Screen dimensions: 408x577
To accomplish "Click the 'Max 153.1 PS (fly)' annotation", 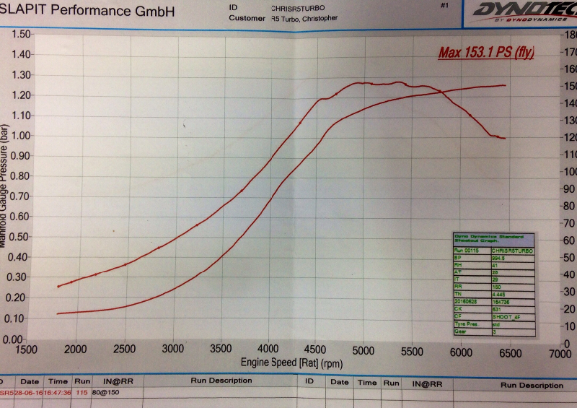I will tap(485, 53).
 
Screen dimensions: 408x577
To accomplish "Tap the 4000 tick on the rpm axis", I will tap(269, 350).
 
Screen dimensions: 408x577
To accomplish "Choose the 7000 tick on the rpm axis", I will tap(558, 354).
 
